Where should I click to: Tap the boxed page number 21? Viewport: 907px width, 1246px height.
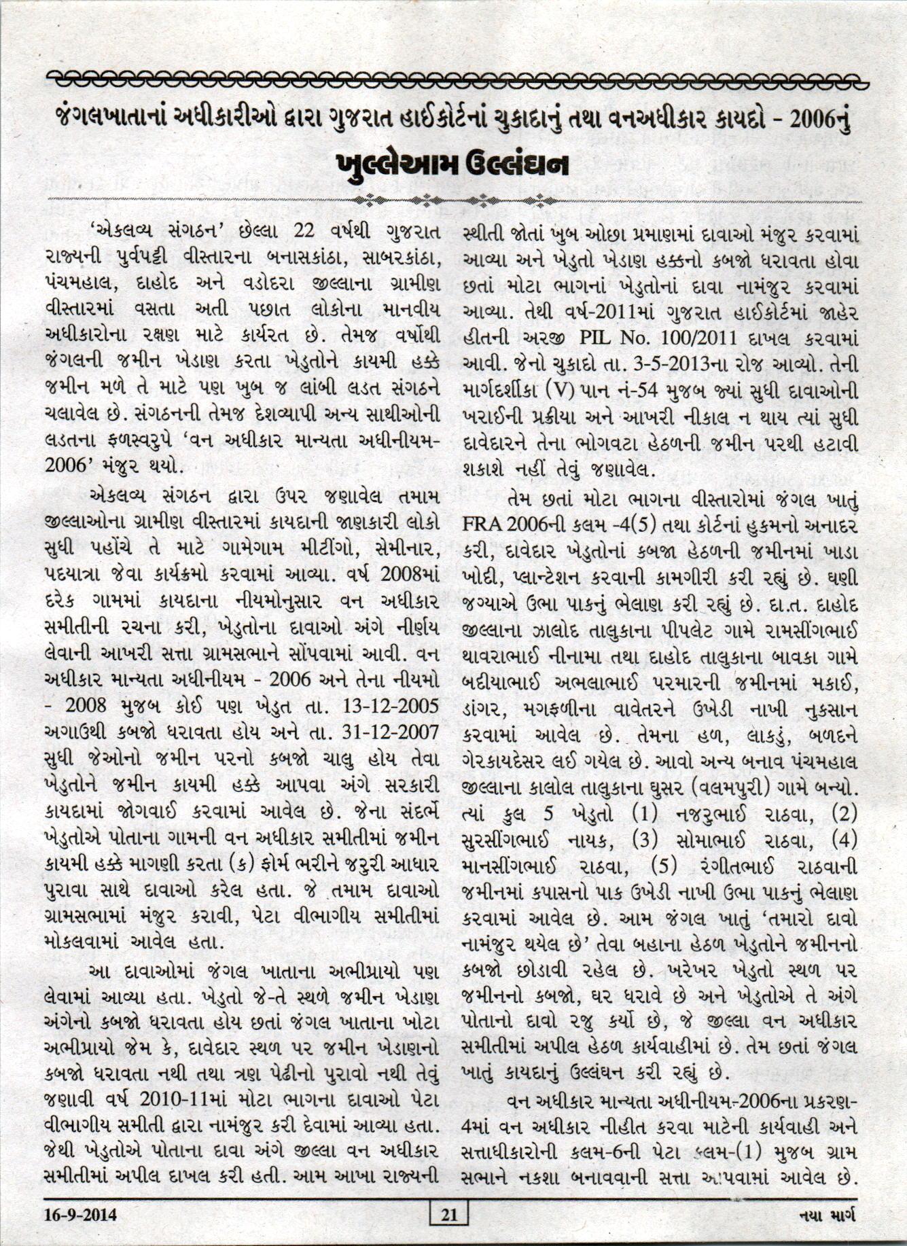[450, 1214]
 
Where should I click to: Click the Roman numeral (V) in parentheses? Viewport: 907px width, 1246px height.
[575, 391]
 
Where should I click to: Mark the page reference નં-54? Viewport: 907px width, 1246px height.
[647, 391]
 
